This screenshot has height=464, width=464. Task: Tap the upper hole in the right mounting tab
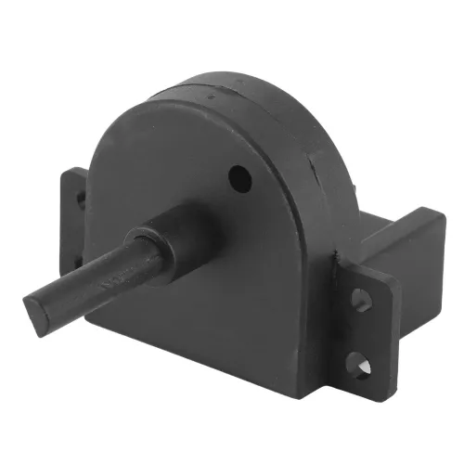click(361, 300)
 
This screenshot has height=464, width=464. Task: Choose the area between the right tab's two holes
click(360, 329)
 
